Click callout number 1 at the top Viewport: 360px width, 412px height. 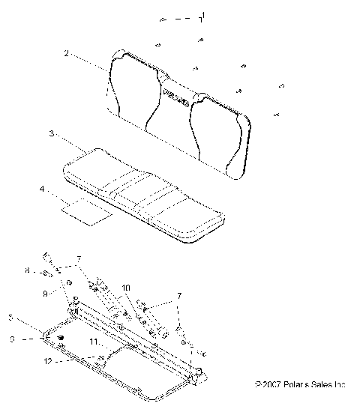(x=201, y=16)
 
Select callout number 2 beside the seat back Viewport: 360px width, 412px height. (x=67, y=54)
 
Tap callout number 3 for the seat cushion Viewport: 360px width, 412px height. (x=51, y=135)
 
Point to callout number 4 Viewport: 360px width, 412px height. (x=41, y=190)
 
